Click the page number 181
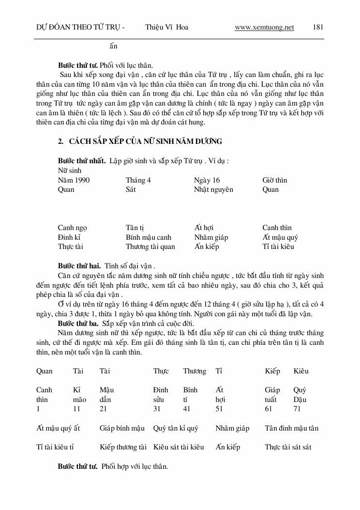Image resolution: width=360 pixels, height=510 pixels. [318, 27]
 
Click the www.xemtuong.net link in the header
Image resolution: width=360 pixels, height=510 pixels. [264, 27]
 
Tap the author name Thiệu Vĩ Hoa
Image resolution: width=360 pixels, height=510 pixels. [166, 27]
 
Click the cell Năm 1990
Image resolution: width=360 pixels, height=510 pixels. [74, 180]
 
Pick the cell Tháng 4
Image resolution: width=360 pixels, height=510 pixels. [138, 180]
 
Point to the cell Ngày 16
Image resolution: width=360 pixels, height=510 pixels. [207, 180]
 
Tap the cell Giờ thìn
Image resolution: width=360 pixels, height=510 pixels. [275, 180]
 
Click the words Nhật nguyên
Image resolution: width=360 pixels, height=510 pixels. [213, 189]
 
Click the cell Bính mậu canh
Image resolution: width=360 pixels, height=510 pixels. [149, 237]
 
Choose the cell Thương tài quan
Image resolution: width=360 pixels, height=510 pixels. [150, 247]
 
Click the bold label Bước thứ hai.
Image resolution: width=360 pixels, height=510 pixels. [79, 265]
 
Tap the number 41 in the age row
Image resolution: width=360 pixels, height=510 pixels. [187, 409]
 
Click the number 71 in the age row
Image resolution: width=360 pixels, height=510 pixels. [297, 409]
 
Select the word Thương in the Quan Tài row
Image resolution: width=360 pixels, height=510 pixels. [195, 371]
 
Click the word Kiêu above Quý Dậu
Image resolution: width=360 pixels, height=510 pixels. [300, 371]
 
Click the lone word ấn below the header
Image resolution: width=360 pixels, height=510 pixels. [113, 46]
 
